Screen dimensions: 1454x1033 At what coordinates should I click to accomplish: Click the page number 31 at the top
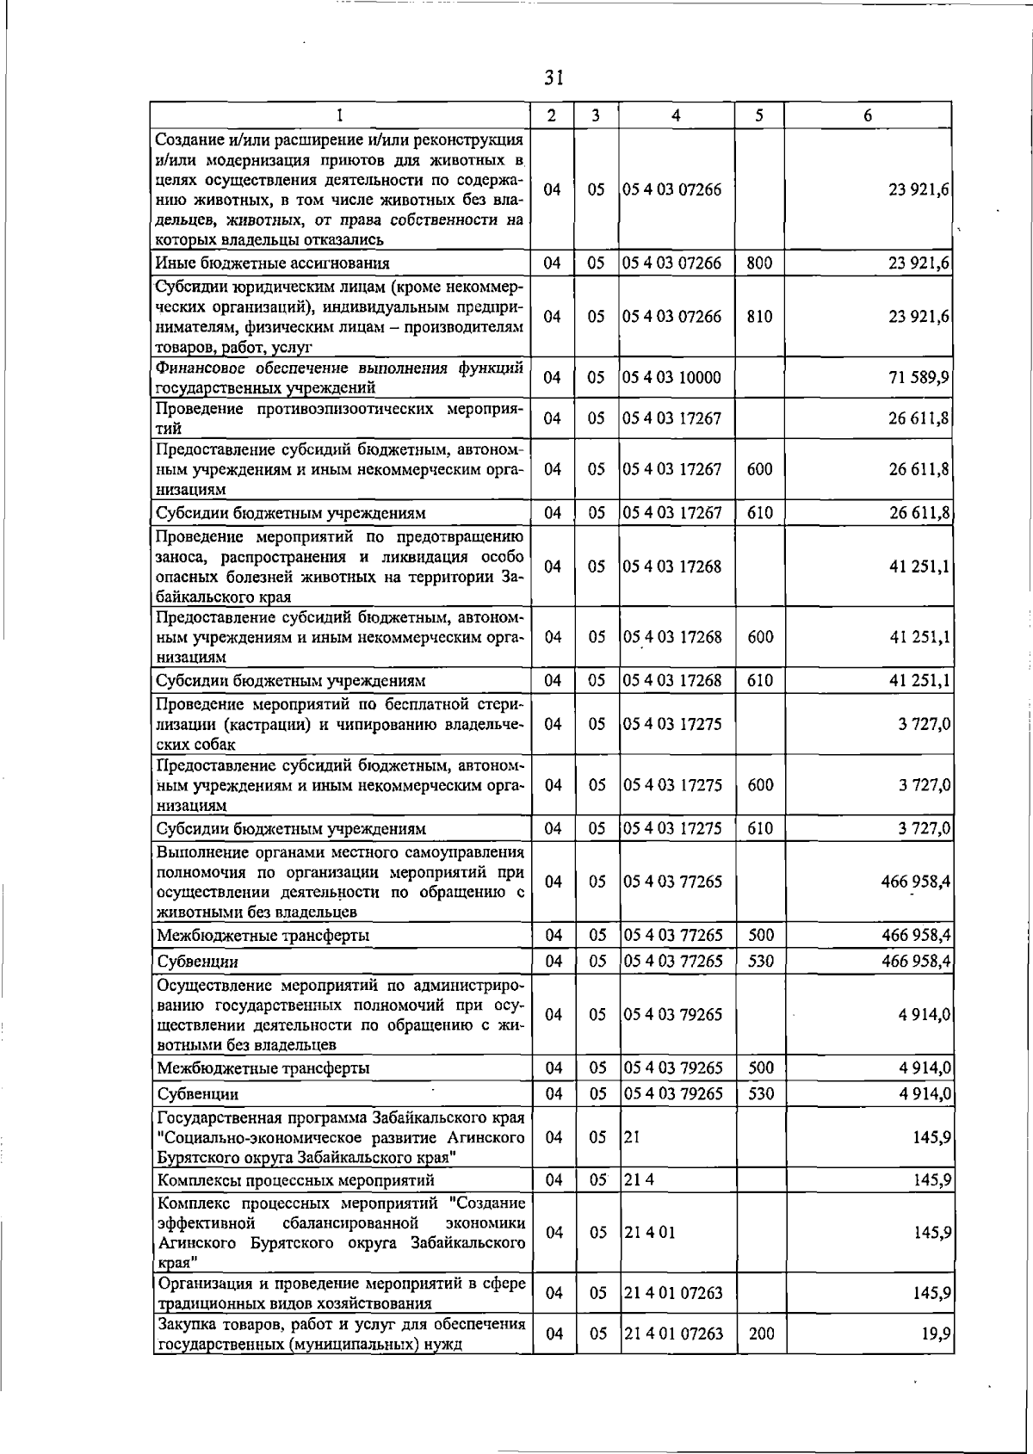point(554,78)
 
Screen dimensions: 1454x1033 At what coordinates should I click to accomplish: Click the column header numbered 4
point(677,115)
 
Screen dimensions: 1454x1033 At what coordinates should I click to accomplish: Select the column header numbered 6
point(868,115)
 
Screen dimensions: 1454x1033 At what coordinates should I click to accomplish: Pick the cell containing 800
point(759,263)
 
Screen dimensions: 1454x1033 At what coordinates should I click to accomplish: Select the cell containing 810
point(759,317)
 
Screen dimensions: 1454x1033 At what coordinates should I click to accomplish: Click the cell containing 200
point(761,1333)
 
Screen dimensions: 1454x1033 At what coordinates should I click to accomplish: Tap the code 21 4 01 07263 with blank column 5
point(673,1293)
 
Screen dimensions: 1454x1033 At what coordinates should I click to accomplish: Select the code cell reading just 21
point(633,1137)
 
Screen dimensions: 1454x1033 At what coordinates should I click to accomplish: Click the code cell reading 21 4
point(640,1180)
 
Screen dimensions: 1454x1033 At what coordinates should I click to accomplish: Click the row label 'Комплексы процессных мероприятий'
point(295,1180)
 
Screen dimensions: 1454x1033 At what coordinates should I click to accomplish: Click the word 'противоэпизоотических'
point(344,409)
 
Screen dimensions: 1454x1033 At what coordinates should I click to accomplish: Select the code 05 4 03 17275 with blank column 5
point(672,724)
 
